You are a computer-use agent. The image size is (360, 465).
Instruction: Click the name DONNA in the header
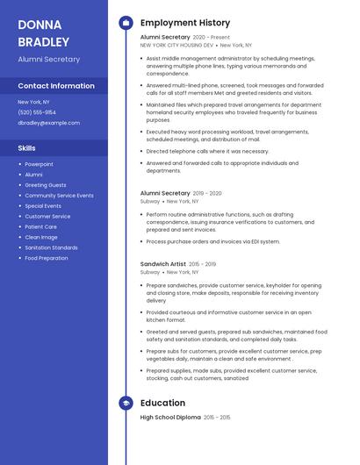39,24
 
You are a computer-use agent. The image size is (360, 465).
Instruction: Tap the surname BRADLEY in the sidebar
43,41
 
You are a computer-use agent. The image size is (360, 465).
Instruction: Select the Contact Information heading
56,86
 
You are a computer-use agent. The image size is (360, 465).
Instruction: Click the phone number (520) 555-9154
36,112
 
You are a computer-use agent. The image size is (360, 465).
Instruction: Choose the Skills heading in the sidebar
27,148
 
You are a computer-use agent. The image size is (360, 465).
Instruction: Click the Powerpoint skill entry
39,164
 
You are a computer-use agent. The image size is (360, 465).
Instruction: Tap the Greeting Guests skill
46,185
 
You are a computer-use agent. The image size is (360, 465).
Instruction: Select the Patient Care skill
40,226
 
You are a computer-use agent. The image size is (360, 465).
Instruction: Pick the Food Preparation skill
47,258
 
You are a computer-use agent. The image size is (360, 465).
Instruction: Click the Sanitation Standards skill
51,247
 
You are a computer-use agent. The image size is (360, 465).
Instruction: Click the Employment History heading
184,23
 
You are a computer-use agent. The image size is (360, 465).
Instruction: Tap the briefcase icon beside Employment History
126,23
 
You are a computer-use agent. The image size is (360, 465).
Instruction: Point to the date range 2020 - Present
212,38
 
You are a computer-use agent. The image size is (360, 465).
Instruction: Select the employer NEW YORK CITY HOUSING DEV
176,45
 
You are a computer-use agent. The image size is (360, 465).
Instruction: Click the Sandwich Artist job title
163,264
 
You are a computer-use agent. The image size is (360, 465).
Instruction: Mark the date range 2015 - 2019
202,264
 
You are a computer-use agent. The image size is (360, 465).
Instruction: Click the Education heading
162,403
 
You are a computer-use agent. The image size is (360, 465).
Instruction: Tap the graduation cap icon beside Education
126,403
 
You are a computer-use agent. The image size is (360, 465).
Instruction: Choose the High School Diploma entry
170,418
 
